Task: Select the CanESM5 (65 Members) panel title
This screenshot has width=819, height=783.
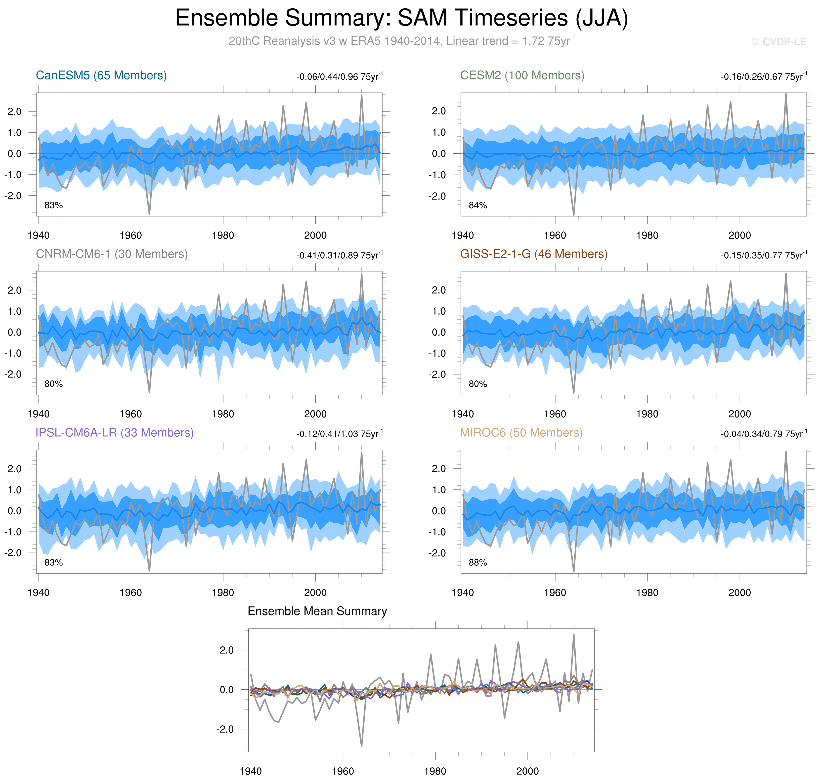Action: [101, 75]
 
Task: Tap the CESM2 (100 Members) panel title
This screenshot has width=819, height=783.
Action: [522, 75]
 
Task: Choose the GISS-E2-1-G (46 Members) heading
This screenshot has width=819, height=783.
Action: [534, 254]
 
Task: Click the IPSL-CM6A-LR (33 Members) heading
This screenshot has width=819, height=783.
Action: [115, 433]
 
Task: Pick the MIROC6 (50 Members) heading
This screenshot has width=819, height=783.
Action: [521, 433]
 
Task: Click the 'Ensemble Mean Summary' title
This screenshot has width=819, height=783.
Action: [317, 611]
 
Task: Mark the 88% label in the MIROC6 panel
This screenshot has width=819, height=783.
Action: [478, 563]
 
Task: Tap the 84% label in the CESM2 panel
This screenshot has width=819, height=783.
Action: [478, 205]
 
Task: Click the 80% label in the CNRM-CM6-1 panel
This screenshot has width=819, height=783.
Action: [53, 384]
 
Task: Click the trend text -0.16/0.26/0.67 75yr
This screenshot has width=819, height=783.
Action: [763, 77]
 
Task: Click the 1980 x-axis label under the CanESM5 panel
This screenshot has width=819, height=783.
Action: [223, 235]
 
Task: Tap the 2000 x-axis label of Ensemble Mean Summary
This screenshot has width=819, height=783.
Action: [527, 771]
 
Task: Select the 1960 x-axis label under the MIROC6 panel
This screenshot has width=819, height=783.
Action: [555, 593]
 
